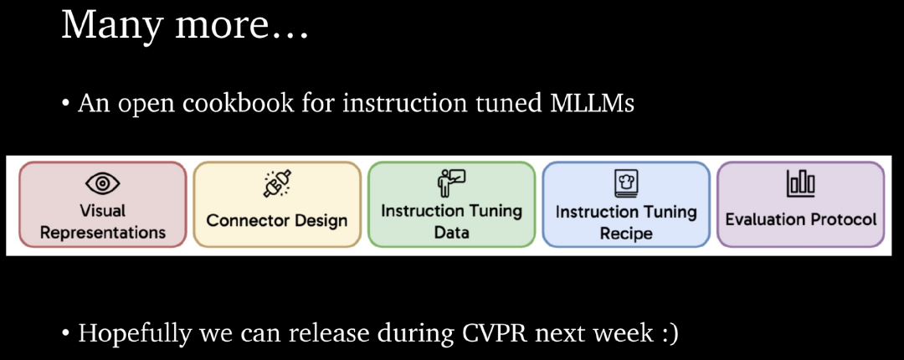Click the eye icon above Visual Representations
click(x=103, y=183)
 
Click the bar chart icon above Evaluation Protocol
click(x=800, y=183)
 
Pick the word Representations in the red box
click(x=103, y=232)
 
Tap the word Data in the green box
click(x=451, y=232)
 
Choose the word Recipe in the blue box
click(x=626, y=234)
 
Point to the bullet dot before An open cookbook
click(x=65, y=106)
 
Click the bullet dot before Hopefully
click(x=65, y=334)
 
